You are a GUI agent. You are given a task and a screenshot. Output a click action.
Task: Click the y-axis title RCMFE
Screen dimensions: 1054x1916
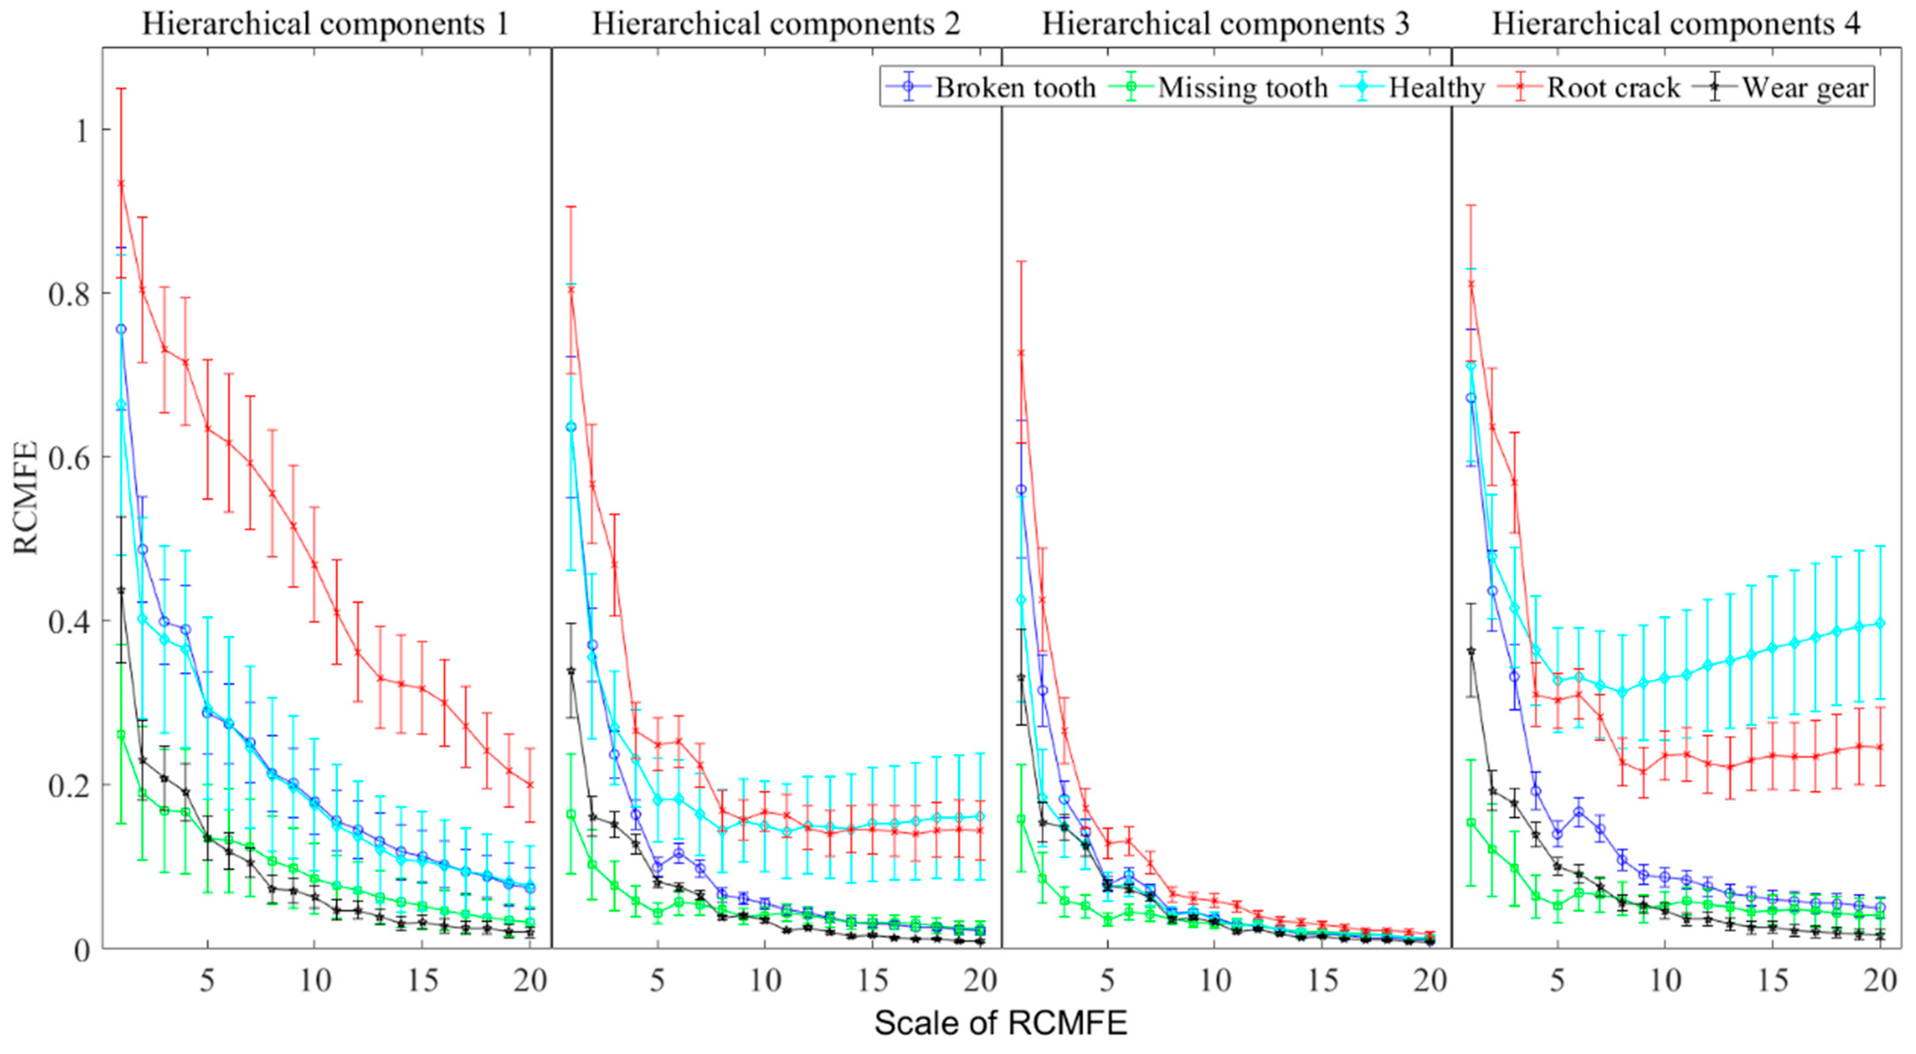[25, 498]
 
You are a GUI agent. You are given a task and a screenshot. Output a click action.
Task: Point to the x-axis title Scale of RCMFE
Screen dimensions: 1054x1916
[1001, 1024]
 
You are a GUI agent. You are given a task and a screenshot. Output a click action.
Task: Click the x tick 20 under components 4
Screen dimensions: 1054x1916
[1880, 981]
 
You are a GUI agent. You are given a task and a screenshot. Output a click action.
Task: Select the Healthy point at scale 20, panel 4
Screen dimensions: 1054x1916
[1880, 623]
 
